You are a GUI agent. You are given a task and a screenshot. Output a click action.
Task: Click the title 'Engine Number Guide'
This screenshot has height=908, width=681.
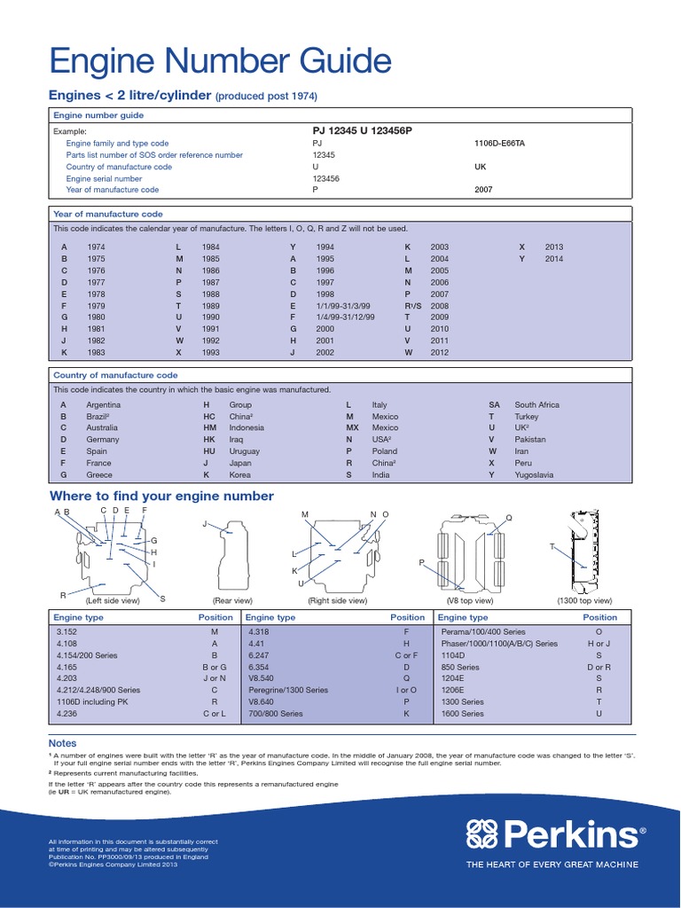click(x=219, y=62)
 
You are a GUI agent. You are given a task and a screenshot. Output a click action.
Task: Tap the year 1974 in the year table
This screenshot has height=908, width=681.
click(x=96, y=247)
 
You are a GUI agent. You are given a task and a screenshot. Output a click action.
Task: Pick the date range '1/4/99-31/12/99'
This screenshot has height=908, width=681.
click(x=345, y=317)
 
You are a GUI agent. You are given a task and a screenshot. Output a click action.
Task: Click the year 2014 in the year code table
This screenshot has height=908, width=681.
click(x=554, y=258)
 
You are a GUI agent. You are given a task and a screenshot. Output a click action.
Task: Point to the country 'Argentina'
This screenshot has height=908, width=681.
click(x=104, y=404)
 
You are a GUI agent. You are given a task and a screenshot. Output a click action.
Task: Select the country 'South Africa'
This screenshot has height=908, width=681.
click(x=536, y=404)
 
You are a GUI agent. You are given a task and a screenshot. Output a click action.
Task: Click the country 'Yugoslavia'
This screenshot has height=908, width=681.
click(x=534, y=474)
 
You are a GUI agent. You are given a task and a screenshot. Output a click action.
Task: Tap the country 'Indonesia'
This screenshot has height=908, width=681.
click(x=247, y=427)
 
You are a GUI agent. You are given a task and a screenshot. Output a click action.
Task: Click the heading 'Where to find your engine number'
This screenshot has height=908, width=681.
click(x=161, y=496)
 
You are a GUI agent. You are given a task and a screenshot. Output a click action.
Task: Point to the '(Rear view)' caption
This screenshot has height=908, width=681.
click(x=232, y=600)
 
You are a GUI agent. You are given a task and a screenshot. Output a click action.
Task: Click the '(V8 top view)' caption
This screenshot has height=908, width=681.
click(x=470, y=600)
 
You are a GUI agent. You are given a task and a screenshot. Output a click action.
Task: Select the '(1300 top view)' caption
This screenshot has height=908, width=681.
click(x=584, y=600)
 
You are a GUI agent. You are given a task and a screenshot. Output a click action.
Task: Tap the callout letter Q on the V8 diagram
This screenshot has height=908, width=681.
click(x=509, y=518)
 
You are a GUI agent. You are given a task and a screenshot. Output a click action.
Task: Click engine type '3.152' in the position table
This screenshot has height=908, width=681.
click(x=67, y=632)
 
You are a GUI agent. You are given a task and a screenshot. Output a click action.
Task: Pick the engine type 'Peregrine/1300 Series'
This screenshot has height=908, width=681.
click(x=288, y=690)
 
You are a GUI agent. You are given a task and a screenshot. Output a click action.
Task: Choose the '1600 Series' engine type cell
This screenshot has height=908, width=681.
click(x=462, y=713)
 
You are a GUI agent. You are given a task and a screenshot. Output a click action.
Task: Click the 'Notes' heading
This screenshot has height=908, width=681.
click(x=63, y=743)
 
